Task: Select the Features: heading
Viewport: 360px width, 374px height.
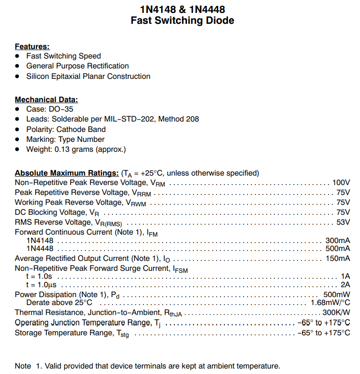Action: [x=32, y=46]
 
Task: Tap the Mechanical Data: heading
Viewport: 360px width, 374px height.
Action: [x=46, y=99]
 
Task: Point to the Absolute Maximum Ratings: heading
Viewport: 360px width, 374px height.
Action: [x=66, y=173]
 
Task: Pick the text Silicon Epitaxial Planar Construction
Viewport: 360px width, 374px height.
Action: [x=88, y=76]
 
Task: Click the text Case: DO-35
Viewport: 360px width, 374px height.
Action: [x=50, y=109]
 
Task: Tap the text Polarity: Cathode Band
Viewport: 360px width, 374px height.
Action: [x=66, y=129]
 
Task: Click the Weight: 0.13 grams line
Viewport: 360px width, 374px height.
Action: [x=76, y=149]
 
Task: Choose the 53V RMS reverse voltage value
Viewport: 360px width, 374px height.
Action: [x=343, y=222]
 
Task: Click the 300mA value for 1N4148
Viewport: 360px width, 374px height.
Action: [x=337, y=240]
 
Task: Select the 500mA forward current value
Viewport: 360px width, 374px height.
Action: [x=337, y=249]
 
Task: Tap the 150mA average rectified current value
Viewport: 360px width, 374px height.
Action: [x=337, y=258]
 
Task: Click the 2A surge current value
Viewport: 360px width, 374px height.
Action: [x=345, y=285]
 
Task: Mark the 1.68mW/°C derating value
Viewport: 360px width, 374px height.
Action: [x=330, y=303]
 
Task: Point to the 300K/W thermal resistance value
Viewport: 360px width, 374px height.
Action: [x=336, y=312]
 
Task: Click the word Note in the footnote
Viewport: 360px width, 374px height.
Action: [x=23, y=366]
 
